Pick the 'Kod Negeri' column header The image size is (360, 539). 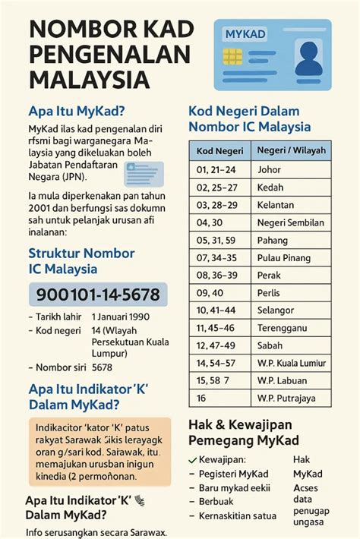pos(219,150)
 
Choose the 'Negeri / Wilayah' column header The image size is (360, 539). pos(292,150)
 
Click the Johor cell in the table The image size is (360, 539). pos(270,169)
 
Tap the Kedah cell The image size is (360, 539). pos(270,187)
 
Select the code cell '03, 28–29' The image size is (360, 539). pos(216,205)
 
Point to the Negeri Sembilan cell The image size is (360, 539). pos(291,223)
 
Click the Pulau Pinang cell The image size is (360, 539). pos(283,259)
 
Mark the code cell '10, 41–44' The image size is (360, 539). pos(217,310)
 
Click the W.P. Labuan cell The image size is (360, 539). pos(280,380)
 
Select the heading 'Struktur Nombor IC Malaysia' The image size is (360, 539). pos(81,260)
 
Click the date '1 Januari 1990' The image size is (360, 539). pos(121,316)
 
